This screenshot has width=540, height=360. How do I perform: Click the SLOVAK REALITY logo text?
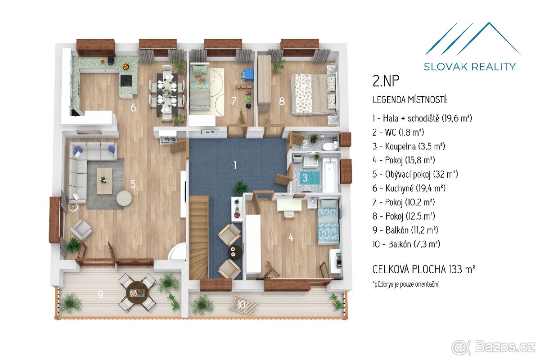(470, 67)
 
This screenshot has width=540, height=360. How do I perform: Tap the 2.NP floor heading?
(386, 81)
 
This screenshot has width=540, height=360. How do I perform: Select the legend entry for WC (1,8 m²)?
(398, 132)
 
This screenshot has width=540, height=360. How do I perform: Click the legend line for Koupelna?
(409, 146)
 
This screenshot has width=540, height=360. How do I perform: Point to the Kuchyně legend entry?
(409, 188)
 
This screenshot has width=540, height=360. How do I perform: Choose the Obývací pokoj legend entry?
(415, 174)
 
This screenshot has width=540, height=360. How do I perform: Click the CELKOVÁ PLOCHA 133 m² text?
(423, 270)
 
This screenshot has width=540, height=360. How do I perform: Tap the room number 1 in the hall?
(235, 165)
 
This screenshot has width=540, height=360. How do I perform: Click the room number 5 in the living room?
(133, 184)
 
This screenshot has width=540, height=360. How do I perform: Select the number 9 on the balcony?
(100, 294)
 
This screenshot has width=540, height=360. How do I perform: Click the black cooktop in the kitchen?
(126, 81)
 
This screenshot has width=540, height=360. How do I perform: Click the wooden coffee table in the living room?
(104, 181)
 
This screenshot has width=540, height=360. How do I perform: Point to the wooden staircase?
(199, 237)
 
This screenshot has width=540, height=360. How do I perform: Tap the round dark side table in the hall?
(234, 252)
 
